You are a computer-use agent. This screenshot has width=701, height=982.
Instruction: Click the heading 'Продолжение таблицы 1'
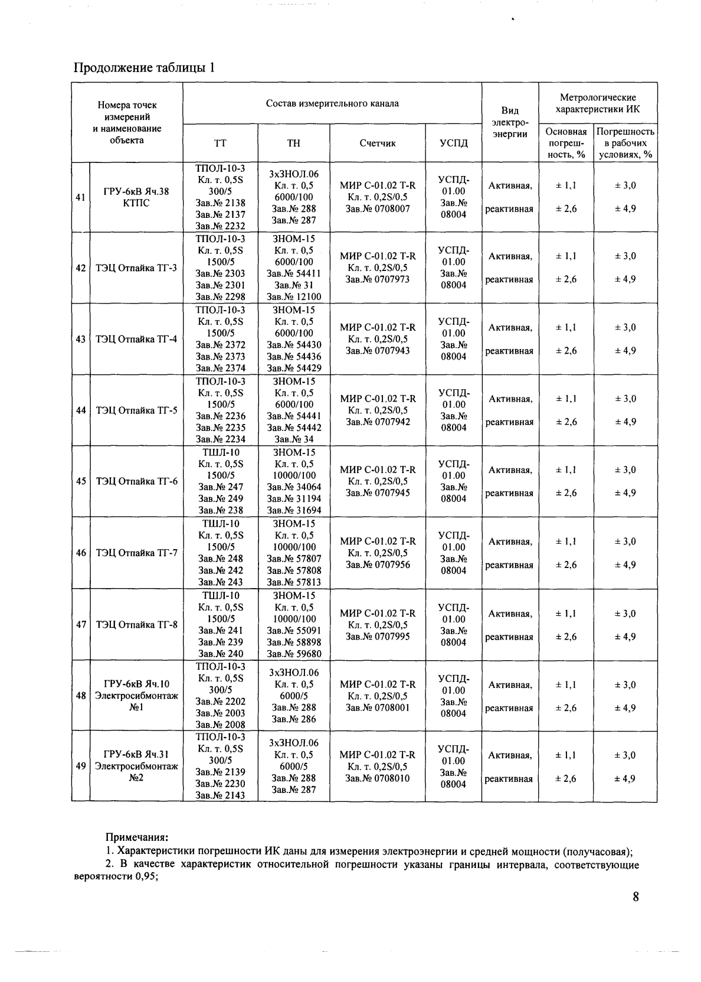click(143, 68)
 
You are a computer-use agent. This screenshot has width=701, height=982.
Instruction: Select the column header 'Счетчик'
click(378, 143)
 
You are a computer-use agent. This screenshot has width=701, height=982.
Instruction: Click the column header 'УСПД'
click(453, 143)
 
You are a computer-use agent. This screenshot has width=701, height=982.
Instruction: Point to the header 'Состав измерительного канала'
click(332, 103)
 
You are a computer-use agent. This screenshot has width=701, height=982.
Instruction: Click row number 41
click(80, 197)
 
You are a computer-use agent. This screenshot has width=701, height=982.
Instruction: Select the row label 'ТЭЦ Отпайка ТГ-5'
click(136, 410)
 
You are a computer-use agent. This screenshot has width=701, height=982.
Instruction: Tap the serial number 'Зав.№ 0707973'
click(378, 279)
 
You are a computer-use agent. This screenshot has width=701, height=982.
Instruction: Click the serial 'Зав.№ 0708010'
click(378, 778)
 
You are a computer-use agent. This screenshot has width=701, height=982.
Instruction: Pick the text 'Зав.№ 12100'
click(294, 297)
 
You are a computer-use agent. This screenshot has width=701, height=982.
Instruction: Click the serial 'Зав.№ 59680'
click(294, 654)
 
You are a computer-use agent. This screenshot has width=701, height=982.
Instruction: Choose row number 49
click(80, 766)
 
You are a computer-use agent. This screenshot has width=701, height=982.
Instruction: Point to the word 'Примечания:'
click(136, 837)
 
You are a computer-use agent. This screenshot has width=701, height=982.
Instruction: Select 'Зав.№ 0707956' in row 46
click(378, 565)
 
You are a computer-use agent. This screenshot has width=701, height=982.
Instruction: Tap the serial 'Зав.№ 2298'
click(220, 297)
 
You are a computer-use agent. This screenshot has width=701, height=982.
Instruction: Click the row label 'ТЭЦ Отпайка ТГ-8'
click(136, 625)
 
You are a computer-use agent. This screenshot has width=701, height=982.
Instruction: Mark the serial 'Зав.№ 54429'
click(294, 368)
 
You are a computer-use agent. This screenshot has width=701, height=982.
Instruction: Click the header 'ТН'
click(293, 143)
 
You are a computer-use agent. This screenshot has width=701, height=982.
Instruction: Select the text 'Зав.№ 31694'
click(294, 510)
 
